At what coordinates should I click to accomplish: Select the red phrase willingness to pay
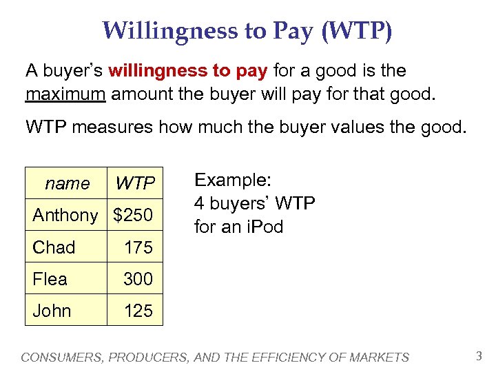[189, 70]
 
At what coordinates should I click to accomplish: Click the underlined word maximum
[65, 93]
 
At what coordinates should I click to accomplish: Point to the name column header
[67, 183]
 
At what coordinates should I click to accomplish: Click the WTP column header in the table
[134, 183]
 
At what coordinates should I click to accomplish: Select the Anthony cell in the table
[65, 215]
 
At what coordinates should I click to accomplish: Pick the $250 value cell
[133, 215]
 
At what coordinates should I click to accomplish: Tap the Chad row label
[54, 247]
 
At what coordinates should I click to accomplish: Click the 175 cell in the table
[138, 247]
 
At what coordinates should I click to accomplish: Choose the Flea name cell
[50, 279]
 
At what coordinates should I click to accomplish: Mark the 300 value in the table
[138, 279]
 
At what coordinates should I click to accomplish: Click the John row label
[52, 311]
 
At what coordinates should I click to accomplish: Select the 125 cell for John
[138, 311]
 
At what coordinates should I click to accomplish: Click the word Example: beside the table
[233, 180]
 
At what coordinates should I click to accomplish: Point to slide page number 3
[479, 355]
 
